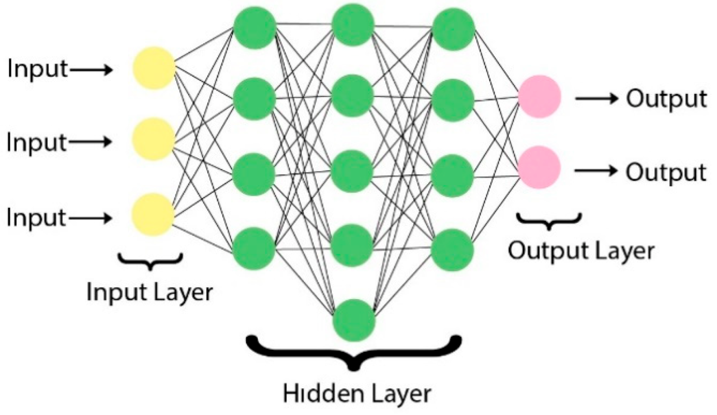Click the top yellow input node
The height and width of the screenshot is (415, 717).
pyautogui.click(x=154, y=68)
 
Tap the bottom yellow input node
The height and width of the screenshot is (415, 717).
pyautogui.click(x=153, y=215)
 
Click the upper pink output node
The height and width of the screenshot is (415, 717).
pyautogui.click(x=539, y=96)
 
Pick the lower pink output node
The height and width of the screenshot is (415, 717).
pyautogui.click(x=539, y=168)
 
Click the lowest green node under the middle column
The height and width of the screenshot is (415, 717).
pyautogui.click(x=354, y=320)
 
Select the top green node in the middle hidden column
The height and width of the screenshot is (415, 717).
pyautogui.click(x=353, y=25)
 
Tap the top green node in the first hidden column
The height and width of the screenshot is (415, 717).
pyautogui.click(x=254, y=27)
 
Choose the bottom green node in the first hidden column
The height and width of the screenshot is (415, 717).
pyautogui.click(x=254, y=248)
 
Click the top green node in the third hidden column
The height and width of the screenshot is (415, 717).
pyautogui.click(x=454, y=29)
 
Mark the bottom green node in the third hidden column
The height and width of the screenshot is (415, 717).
pyautogui.click(x=453, y=250)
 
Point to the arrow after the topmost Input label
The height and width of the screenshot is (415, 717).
pyautogui.click(x=92, y=70)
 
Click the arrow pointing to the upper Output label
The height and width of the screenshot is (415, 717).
pyautogui.click(x=597, y=99)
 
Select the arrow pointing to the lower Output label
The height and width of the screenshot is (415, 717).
pyautogui.click(x=596, y=171)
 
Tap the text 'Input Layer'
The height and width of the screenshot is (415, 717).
pyautogui.click(x=149, y=292)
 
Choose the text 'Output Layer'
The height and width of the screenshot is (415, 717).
pyautogui.click(x=581, y=251)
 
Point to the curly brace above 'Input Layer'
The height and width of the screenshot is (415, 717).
pyautogui.click(x=150, y=262)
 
